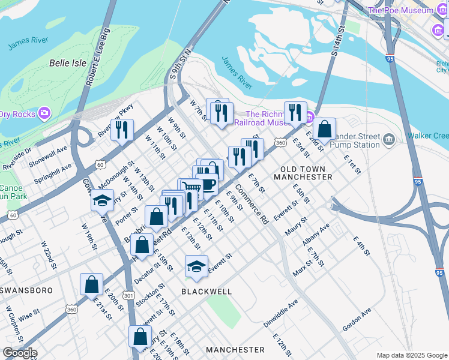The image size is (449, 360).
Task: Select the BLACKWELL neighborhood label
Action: tap(206, 291)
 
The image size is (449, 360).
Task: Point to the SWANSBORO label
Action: tap(26, 290)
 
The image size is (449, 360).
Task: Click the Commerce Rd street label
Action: tap(252, 204)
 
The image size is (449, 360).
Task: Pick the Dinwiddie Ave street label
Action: tap(280, 313)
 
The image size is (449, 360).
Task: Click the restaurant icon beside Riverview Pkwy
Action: tap(122, 129)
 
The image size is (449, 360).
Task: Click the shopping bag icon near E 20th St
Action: tap(91, 284)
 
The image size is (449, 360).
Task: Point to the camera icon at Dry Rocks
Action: tap(44, 113)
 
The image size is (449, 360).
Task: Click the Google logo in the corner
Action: tap(19, 353)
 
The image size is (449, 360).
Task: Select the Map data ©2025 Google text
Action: tap(412, 355)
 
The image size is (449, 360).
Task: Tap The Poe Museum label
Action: tap(400, 10)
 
